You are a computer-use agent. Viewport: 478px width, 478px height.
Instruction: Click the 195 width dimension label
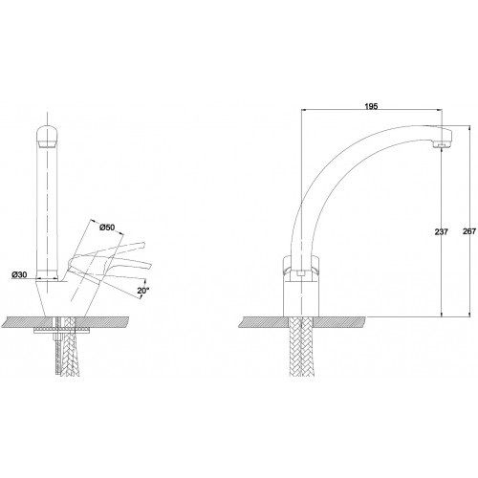click(371, 106)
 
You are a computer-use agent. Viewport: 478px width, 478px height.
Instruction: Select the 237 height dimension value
click(442, 231)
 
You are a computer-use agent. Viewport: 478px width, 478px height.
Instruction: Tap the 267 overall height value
click(469, 231)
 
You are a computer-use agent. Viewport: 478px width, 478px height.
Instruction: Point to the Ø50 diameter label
click(107, 228)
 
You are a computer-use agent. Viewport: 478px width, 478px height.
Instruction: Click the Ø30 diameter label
click(19, 274)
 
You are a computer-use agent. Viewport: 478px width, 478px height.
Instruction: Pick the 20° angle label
click(142, 291)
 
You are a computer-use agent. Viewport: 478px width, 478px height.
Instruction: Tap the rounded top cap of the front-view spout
click(47, 137)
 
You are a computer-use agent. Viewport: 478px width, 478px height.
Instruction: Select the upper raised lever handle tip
click(143, 245)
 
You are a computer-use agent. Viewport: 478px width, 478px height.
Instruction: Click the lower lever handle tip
click(149, 265)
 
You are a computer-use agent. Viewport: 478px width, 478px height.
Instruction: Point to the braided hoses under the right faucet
click(301, 347)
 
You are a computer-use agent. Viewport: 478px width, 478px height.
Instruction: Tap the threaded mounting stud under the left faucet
click(57, 346)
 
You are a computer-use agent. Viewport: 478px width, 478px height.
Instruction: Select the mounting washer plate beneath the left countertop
click(61, 331)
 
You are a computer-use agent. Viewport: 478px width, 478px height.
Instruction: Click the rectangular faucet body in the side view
click(301, 298)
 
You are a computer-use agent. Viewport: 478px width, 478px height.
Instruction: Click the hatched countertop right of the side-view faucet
click(340, 322)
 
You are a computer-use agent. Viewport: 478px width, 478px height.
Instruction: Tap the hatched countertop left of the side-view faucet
click(264, 322)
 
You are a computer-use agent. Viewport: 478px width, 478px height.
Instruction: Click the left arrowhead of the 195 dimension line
click(304, 110)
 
